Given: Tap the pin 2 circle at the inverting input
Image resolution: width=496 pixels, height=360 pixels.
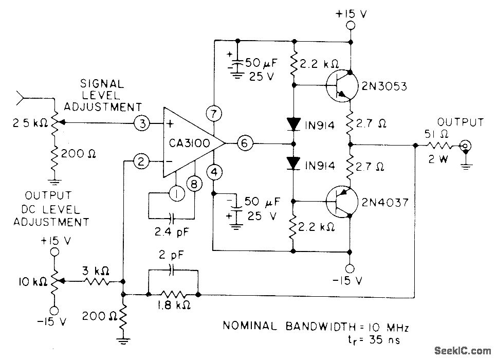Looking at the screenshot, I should click(140, 162).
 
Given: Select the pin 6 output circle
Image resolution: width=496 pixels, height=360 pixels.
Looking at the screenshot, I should click(245, 145).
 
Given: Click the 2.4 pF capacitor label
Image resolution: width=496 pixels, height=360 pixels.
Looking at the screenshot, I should click(171, 232).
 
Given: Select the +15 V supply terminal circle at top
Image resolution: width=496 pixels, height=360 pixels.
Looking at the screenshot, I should click(351, 26).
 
